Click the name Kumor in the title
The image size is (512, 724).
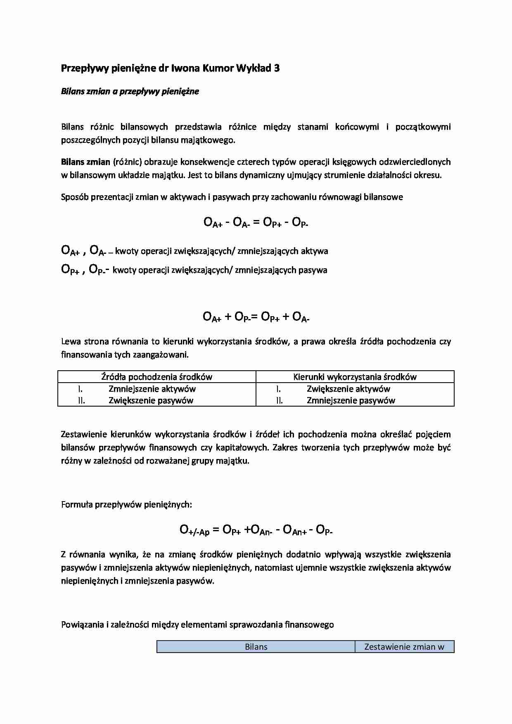(x=217, y=69)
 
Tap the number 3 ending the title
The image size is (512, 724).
(x=277, y=69)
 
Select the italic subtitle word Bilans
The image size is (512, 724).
(x=72, y=91)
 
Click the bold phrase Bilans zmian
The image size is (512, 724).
(x=85, y=162)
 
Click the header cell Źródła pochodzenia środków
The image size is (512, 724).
(x=157, y=376)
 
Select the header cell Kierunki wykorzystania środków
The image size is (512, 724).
(x=355, y=376)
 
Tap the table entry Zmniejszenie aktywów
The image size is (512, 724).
(x=152, y=388)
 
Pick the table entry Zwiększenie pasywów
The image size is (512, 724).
(x=151, y=400)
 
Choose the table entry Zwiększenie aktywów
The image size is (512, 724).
(x=348, y=388)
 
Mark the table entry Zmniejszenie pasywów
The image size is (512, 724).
(x=351, y=400)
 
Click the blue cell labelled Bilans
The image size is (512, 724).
(x=256, y=647)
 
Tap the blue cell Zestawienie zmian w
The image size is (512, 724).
(x=404, y=647)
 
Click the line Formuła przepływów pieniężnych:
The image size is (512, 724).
(x=126, y=504)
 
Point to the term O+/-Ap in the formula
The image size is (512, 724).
(x=194, y=530)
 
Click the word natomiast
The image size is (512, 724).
(x=273, y=568)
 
